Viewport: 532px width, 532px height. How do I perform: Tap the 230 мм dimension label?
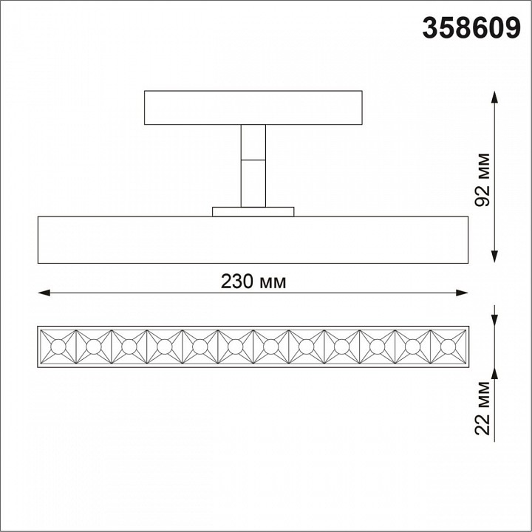coord(253,282)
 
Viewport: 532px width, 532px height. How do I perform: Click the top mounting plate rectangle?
coord(253,108)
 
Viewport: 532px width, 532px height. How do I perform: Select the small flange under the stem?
coord(253,212)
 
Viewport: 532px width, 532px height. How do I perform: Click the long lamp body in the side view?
coord(253,239)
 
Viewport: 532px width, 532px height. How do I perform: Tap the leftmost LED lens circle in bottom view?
coord(58,346)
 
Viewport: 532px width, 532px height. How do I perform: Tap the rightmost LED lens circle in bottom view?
coord(448,346)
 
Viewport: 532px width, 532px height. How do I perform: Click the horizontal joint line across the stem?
coord(253,158)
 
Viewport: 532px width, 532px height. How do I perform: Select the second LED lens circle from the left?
coord(93,346)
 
